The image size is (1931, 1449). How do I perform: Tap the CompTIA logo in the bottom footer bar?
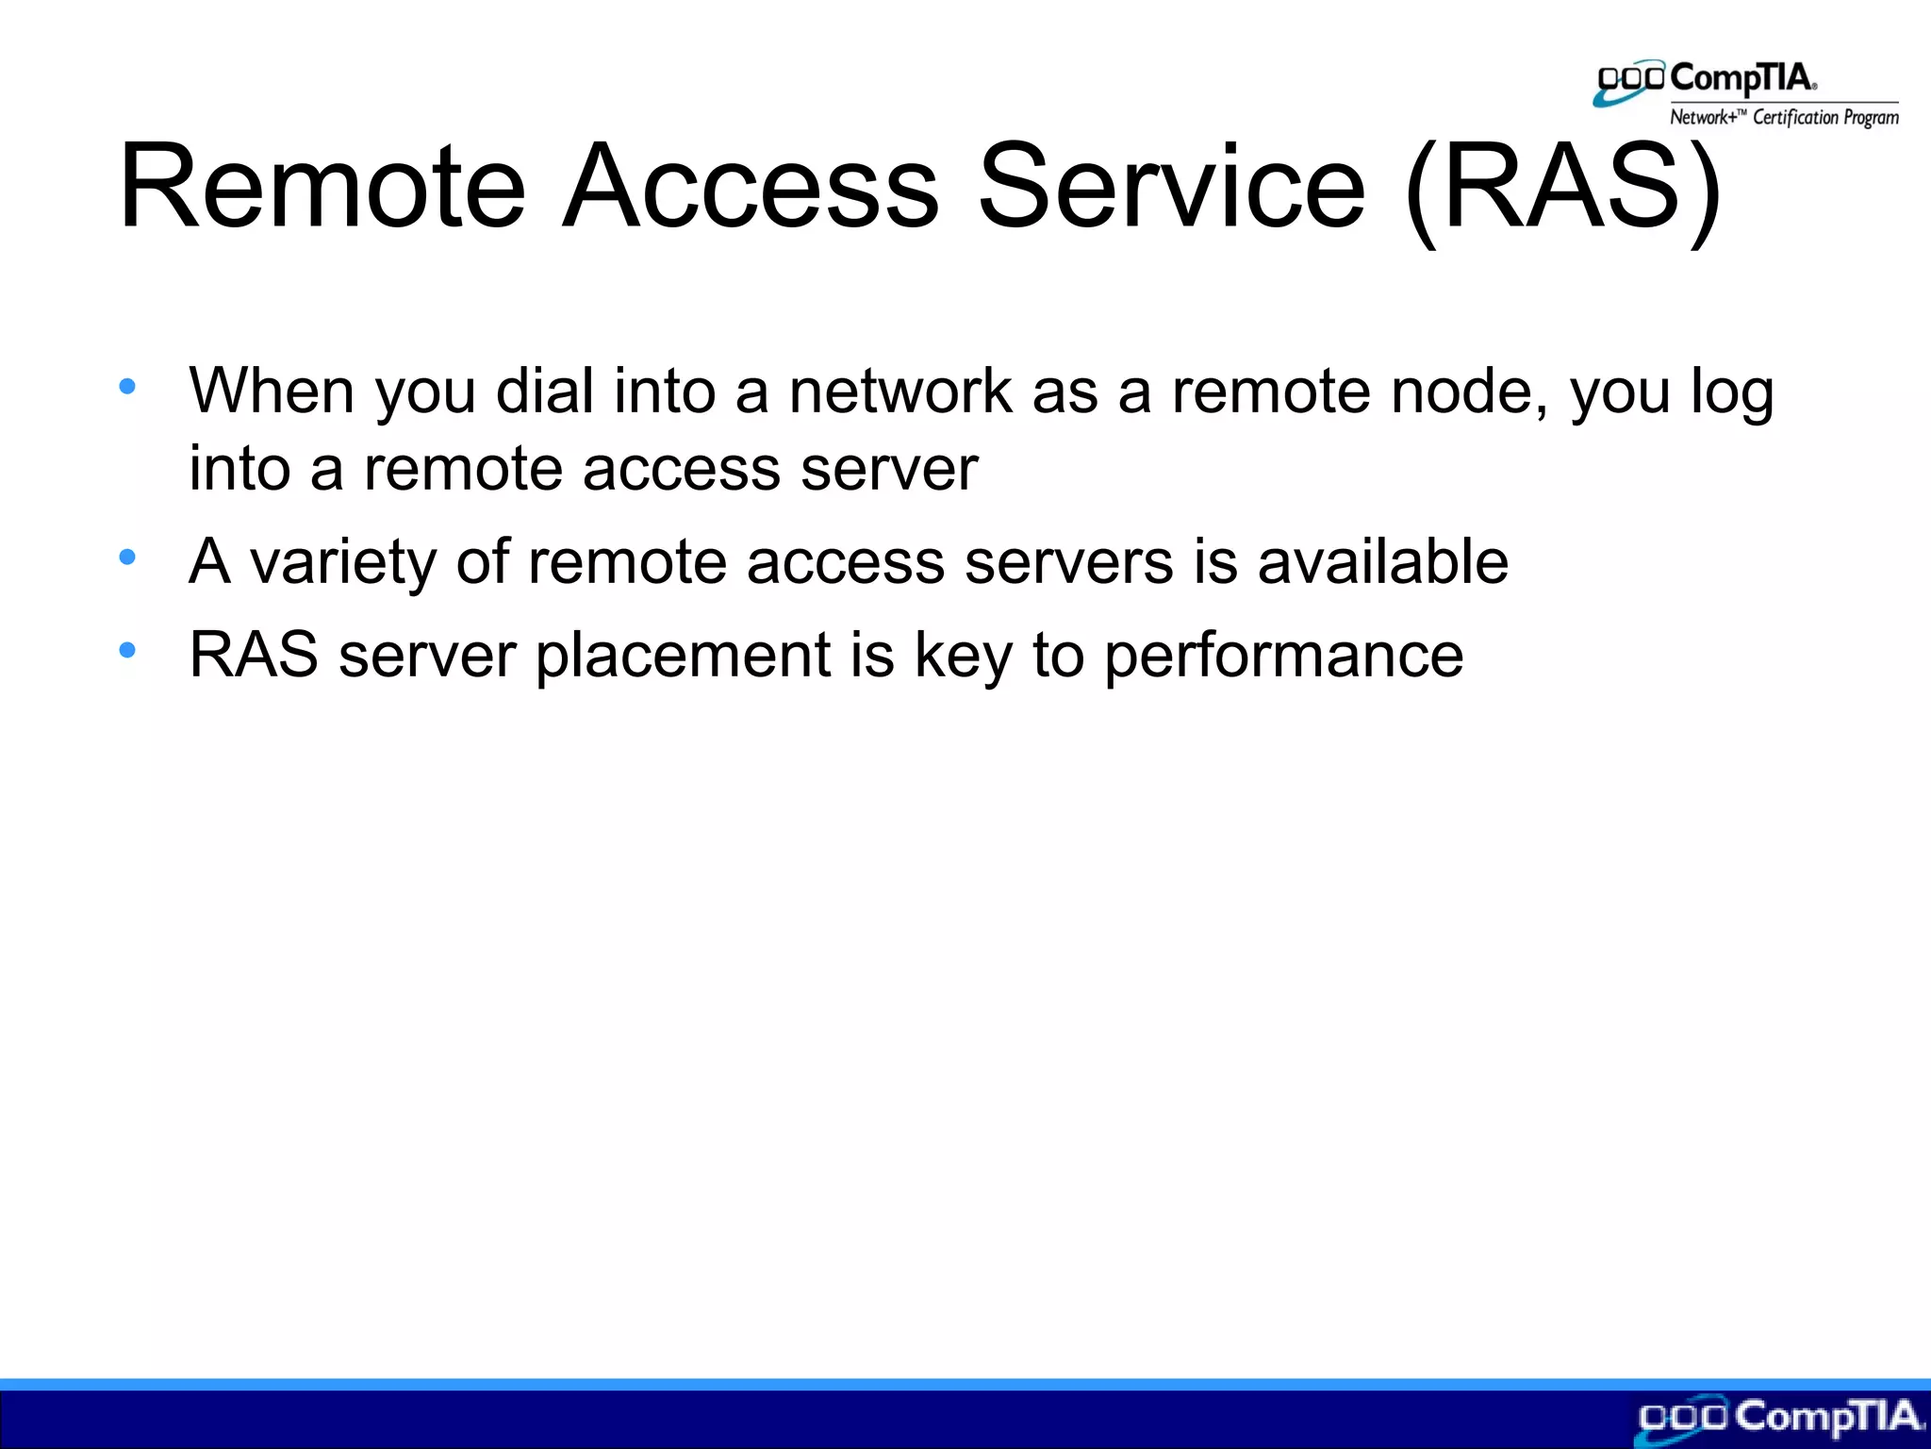click(1780, 1418)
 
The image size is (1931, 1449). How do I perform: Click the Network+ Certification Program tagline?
click(1784, 117)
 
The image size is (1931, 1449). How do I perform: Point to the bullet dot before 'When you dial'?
click(127, 386)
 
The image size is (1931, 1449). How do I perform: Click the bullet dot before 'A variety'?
click(127, 558)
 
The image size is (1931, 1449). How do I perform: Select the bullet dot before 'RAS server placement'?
click(127, 650)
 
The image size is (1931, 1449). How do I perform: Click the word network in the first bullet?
click(899, 391)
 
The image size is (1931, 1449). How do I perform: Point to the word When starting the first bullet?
click(272, 391)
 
